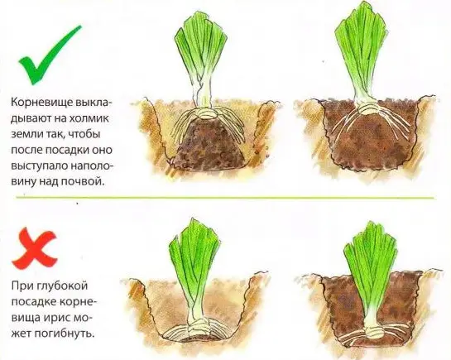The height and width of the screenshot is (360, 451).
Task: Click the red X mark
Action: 34,248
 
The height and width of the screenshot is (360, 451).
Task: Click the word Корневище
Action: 41,103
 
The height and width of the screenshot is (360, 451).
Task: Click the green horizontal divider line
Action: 224,198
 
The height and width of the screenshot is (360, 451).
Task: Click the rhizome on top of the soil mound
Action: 206,113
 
